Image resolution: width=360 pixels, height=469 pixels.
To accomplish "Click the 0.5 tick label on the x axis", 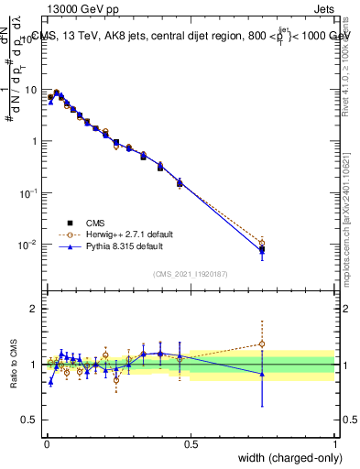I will point(191,444).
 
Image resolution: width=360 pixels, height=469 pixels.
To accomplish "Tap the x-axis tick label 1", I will point(335,444).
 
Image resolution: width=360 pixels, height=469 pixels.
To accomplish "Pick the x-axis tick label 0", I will point(47,444).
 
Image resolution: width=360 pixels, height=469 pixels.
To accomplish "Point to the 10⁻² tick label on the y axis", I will point(29,245).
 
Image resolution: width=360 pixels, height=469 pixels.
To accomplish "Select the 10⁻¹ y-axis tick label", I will point(29,193).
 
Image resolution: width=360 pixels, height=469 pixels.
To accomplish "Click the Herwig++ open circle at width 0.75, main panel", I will point(262,243).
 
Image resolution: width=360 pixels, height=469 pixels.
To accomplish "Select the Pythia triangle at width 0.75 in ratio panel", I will point(262,374).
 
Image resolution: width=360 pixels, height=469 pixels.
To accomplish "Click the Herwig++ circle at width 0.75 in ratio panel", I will point(262,344).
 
